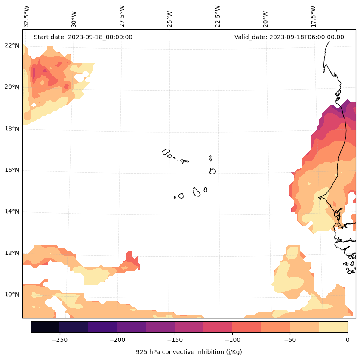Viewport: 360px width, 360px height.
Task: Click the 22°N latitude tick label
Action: point(12,46)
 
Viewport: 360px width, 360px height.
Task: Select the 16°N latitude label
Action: point(12,170)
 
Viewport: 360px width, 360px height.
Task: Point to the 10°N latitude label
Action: point(12,295)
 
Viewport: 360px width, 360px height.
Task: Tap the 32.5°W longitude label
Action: point(26,16)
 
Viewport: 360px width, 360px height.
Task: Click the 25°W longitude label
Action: point(169,19)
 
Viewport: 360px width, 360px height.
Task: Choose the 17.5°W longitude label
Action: point(313,16)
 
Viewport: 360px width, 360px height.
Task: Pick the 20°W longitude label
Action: point(265,19)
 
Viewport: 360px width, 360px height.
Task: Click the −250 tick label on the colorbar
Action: point(60,340)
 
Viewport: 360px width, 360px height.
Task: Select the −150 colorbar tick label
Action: point(175,340)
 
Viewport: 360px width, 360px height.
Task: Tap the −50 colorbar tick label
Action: point(290,340)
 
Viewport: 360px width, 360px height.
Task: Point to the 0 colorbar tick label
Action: point(348,340)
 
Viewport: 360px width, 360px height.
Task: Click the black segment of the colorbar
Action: point(45,327)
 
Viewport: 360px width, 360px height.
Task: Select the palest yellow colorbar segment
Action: point(333,327)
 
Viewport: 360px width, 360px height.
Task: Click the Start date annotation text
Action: point(83,37)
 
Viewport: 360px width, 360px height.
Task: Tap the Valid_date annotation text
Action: point(289,37)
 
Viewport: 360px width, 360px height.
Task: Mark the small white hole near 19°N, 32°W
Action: point(34,105)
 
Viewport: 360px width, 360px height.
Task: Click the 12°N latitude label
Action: point(12,253)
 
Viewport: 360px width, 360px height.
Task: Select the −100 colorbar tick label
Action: point(232,340)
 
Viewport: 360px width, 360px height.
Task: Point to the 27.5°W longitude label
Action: point(122,16)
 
